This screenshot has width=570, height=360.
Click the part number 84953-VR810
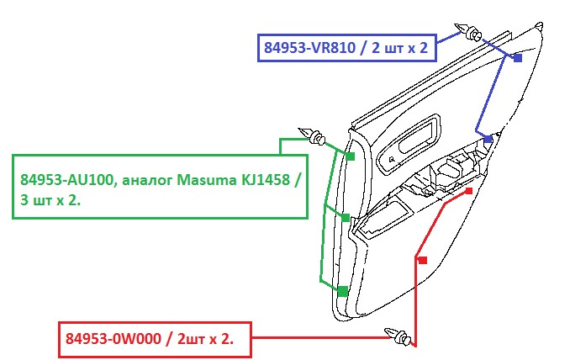coord(312,48)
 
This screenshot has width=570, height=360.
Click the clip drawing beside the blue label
coord(472,34)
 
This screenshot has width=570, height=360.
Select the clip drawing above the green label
coord(313,137)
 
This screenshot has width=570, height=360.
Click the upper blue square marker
coord(518,58)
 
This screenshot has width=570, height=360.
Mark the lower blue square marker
coord(488,140)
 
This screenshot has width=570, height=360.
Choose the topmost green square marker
coord(350,156)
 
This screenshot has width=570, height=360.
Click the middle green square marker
coord(345,217)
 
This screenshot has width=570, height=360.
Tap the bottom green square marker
coord(342,291)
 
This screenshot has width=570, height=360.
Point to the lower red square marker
coord(421,261)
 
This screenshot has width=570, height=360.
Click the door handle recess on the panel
coord(412,134)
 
